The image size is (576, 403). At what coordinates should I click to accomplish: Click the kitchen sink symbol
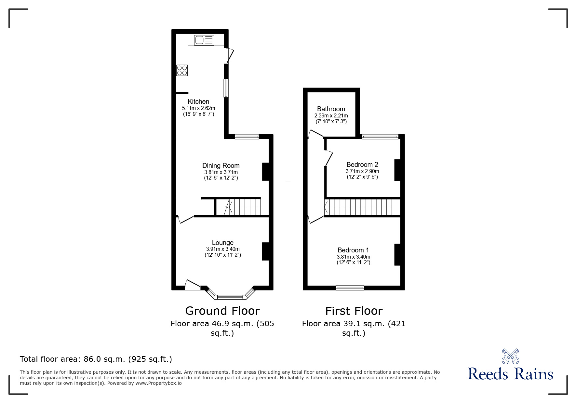click(x=204, y=40)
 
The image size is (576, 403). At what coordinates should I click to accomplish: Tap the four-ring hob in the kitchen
click(x=182, y=70)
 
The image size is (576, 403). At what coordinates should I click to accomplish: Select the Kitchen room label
click(x=198, y=101)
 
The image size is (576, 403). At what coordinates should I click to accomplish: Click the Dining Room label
click(x=221, y=166)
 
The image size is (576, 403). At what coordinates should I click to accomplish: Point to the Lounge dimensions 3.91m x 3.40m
click(x=222, y=249)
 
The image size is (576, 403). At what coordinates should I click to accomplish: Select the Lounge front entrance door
click(x=192, y=285)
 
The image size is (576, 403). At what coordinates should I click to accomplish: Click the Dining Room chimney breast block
click(x=265, y=171)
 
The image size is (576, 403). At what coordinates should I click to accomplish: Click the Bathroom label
click(x=331, y=109)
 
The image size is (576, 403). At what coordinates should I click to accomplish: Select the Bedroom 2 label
click(x=362, y=165)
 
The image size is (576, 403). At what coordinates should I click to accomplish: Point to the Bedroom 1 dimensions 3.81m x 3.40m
click(x=353, y=257)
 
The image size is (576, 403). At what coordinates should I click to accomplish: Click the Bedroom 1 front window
click(x=350, y=288)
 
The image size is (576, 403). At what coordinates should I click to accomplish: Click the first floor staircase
click(x=362, y=207)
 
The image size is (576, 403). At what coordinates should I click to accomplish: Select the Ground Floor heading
click(x=222, y=311)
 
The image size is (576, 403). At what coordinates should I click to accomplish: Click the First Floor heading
click(x=354, y=311)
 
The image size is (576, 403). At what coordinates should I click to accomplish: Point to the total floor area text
click(x=96, y=359)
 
